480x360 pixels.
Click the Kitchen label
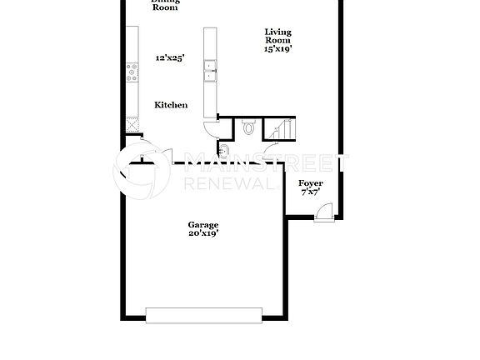point(170,105)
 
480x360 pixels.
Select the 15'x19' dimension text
point(278,49)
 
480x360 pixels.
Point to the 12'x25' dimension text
point(170,58)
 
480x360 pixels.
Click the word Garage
point(202,225)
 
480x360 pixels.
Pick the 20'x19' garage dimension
point(202,234)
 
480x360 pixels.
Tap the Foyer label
point(311,182)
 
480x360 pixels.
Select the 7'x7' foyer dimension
point(311,192)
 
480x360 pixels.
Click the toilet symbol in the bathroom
point(247,127)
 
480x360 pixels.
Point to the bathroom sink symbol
point(222,149)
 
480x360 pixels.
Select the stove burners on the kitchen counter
point(132,72)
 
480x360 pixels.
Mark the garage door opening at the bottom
point(205,314)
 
